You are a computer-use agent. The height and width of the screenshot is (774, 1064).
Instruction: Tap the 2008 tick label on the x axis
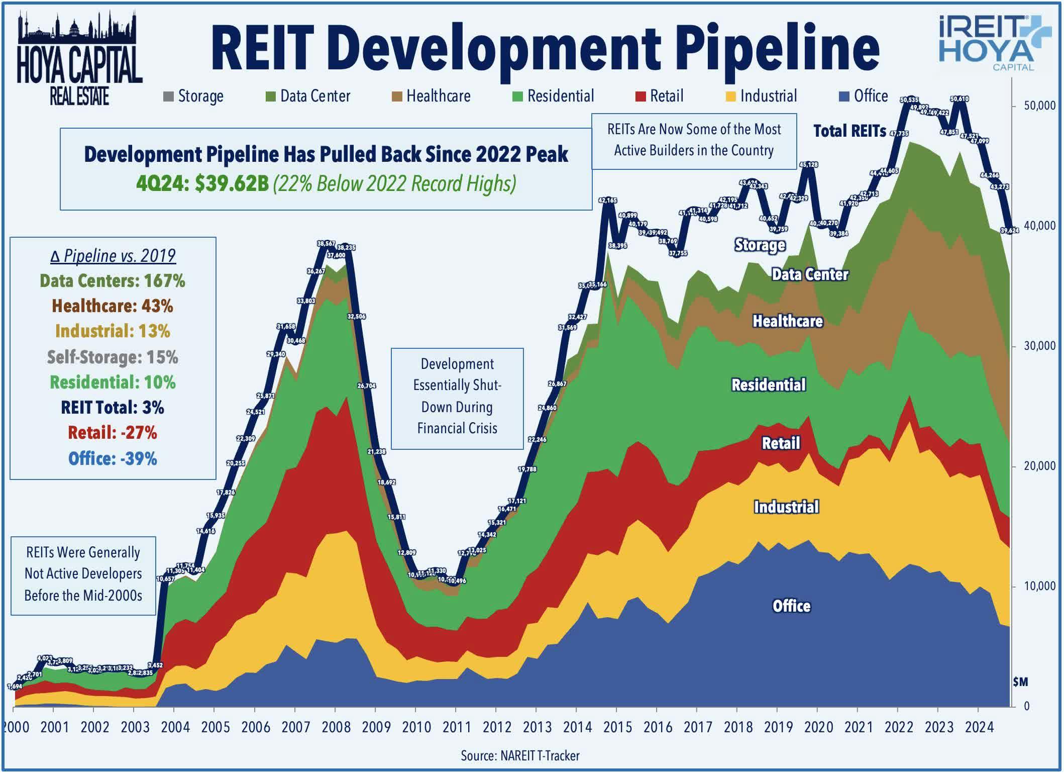click(x=336, y=727)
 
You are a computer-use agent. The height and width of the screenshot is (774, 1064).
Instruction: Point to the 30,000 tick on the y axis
click(x=1039, y=346)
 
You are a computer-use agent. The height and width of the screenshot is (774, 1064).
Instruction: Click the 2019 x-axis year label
click(x=778, y=727)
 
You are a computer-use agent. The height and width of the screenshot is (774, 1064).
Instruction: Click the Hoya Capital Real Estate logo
click(x=79, y=59)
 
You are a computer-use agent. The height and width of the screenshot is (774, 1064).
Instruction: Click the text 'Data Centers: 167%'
click(x=113, y=280)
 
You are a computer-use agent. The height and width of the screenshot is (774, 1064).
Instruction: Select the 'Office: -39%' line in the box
click(x=113, y=458)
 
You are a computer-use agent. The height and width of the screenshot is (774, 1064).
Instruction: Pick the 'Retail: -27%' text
click(x=113, y=433)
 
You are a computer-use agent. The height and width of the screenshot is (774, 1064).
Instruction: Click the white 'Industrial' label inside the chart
click(x=786, y=507)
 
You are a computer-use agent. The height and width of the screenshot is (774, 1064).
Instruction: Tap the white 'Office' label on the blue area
click(x=791, y=606)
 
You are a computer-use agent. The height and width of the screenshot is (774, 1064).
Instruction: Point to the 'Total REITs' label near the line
click(x=849, y=131)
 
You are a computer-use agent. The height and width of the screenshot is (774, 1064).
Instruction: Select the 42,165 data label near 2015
click(x=607, y=200)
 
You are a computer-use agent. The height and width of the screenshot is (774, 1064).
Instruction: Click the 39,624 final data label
click(x=1009, y=231)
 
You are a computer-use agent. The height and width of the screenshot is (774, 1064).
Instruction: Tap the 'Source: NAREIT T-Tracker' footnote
click(x=520, y=755)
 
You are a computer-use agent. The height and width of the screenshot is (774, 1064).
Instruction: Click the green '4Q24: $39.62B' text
click(x=202, y=184)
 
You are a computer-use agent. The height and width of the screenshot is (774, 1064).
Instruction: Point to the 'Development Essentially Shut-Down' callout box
click(x=457, y=398)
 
